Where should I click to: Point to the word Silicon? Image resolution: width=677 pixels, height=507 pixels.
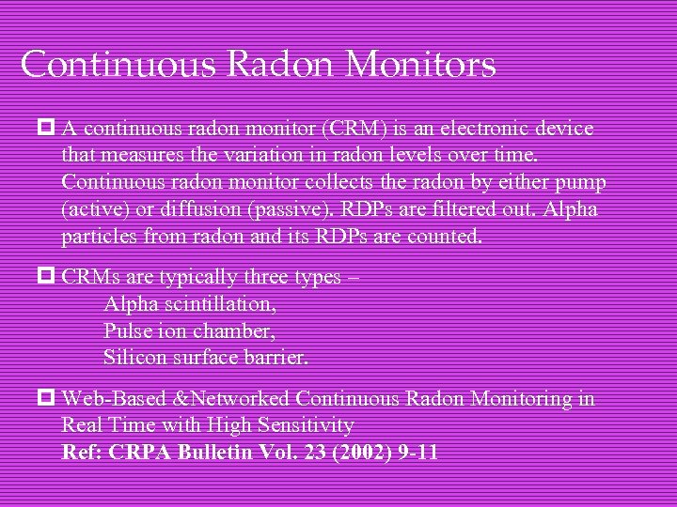pos(135,358)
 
